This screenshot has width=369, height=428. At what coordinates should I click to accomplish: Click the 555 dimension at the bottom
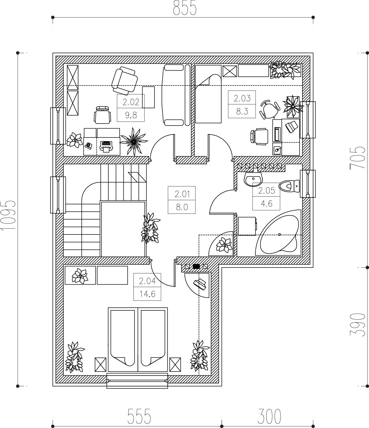139,416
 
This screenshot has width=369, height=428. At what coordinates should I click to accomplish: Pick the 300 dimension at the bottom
269,416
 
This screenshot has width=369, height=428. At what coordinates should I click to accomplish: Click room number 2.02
131,102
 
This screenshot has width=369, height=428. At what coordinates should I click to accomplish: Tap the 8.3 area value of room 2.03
242,111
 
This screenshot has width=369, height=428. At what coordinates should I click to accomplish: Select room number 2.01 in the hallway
182,194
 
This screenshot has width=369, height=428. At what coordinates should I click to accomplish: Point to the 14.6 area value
147,294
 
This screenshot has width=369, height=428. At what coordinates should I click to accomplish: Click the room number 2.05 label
266,190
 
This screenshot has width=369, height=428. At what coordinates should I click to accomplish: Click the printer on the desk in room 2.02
106,146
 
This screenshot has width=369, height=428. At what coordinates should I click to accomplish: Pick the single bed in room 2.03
209,94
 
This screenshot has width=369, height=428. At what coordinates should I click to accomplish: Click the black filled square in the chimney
196,266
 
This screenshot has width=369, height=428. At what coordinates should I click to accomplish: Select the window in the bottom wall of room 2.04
137,380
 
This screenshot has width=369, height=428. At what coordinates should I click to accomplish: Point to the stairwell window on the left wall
58,195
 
